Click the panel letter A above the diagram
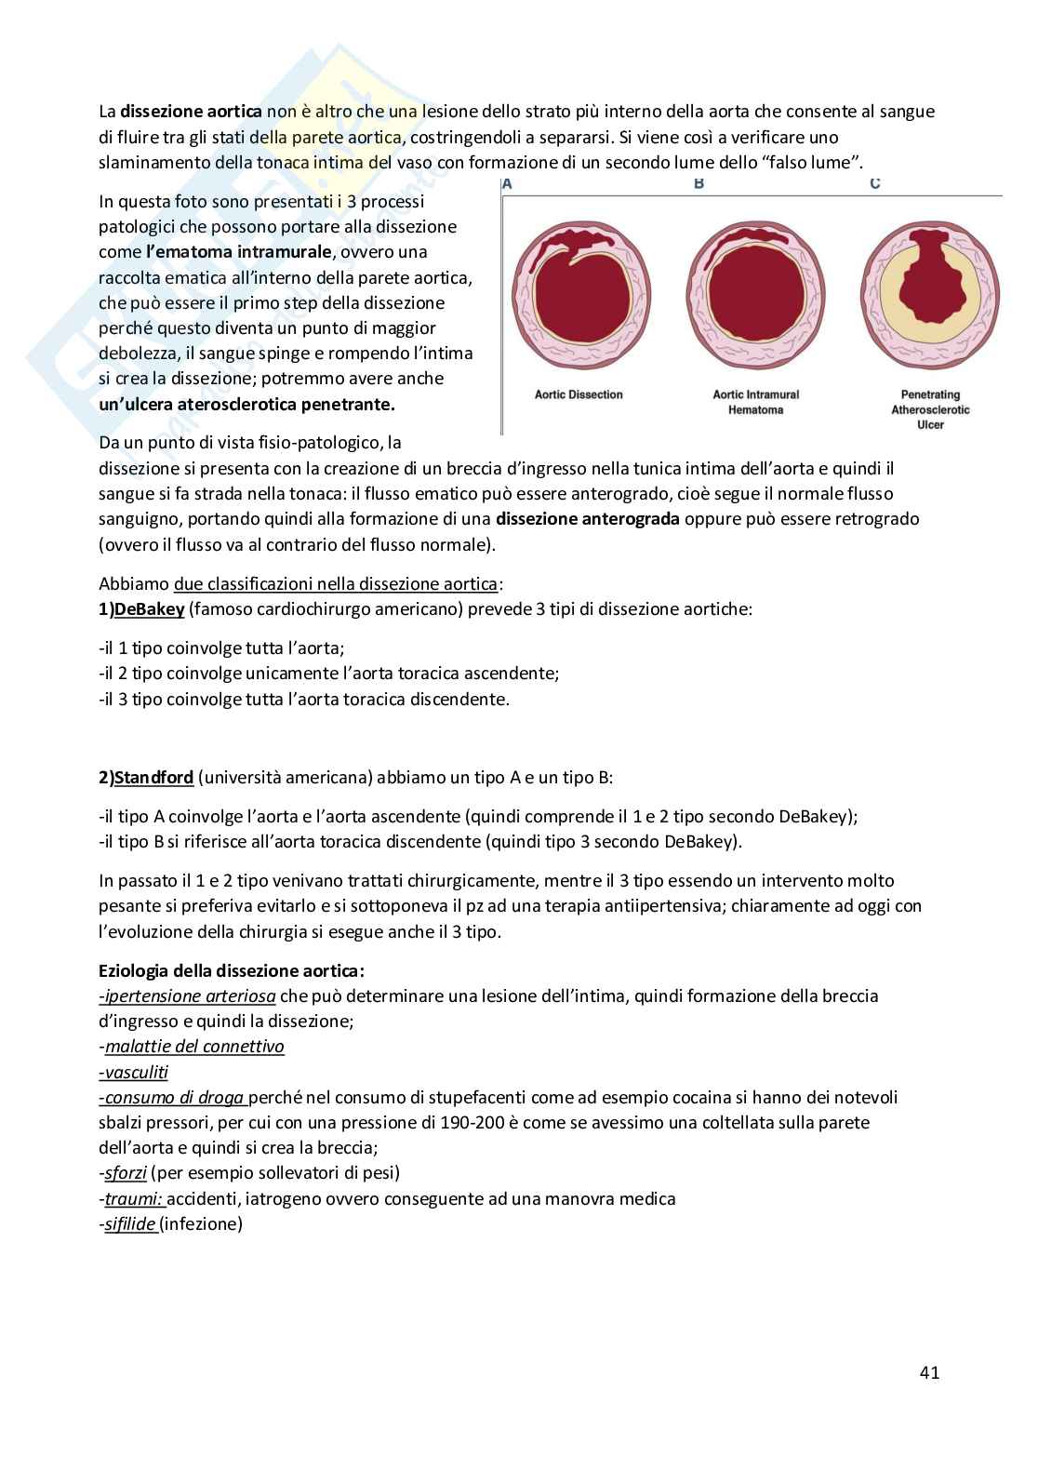pyautogui.click(x=507, y=183)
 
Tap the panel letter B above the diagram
pyautogui.click(x=699, y=183)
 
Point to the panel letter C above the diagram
pyautogui.click(x=875, y=183)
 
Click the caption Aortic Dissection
pyautogui.click(x=579, y=394)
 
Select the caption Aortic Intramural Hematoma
pyautogui.click(x=755, y=402)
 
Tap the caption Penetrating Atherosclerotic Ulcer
pyautogui.click(x=930, y=409)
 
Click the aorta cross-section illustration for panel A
pyautogui.click(x=579, y=295)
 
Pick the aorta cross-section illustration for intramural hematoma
pyautogui.click(x=755, y=295)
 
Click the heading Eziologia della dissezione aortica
pyautogui.click(x=232, y=970)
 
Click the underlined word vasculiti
pyautogui.click(x=136, y=1072)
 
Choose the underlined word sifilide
pyautogui.click(x=130, y=1223)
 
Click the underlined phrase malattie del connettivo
pyautogui.click(x=194, y=1047)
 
